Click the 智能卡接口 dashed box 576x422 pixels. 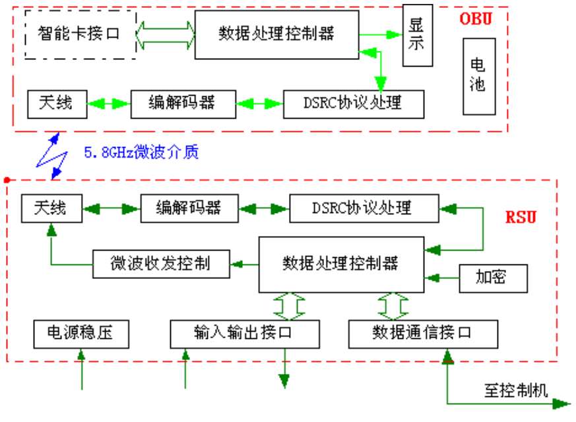click(80, 34)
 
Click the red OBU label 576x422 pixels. click(476, 18)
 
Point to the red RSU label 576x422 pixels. click(521, 217)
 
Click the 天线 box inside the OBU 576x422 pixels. click(57, 104)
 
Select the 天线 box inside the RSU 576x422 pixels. click(51, 208)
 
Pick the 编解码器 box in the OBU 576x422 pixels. click(183, 104)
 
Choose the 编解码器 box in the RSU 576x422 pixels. click(189, 208)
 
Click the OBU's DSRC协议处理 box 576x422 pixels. click(353, 104)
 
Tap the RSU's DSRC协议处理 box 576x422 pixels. click(364, 208)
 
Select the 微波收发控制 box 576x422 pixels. click(160, 264)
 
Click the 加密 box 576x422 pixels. click(493, 278)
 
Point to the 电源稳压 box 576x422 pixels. click(80, 334)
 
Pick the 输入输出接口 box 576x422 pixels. click(244, 334)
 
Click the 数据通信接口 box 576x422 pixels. click(422, 334)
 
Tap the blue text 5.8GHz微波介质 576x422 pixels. click(141, 153)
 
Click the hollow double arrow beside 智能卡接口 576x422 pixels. click(166, 33)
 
